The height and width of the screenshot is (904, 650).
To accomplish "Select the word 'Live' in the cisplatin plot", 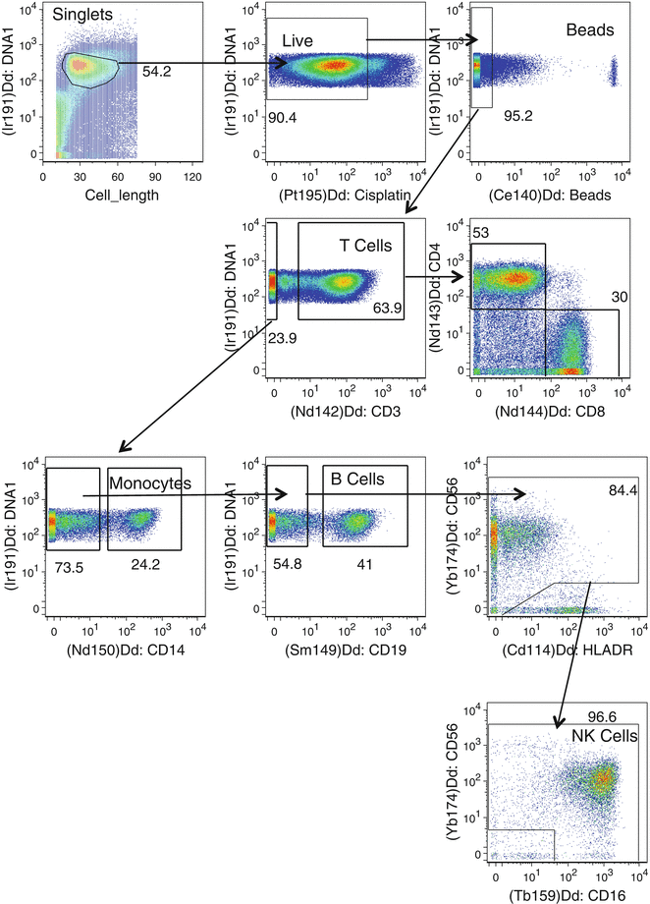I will tap(297, 39).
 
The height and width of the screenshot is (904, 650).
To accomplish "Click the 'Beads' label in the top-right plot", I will tap(589, 30).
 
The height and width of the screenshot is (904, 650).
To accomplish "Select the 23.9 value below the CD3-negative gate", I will tap(284, 338).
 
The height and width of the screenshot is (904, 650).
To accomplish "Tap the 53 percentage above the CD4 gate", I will tap(481, 232).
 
